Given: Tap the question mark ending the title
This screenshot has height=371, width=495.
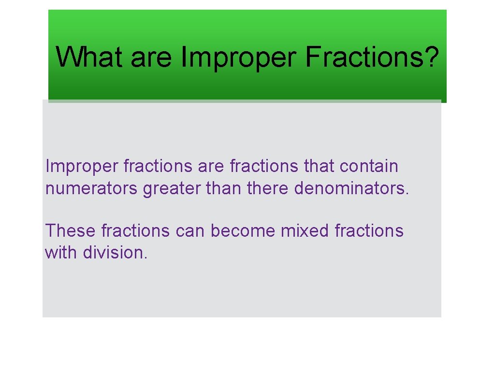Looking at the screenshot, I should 431,57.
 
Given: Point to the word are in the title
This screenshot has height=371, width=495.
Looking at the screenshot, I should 151,57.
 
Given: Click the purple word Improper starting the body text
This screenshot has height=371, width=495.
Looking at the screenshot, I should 81,166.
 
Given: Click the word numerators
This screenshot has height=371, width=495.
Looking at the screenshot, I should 91,188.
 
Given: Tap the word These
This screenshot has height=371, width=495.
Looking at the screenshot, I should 71,231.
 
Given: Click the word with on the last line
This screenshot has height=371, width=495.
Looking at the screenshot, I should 61,252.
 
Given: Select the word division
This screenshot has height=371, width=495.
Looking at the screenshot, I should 115,252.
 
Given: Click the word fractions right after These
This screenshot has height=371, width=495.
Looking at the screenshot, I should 136,231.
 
